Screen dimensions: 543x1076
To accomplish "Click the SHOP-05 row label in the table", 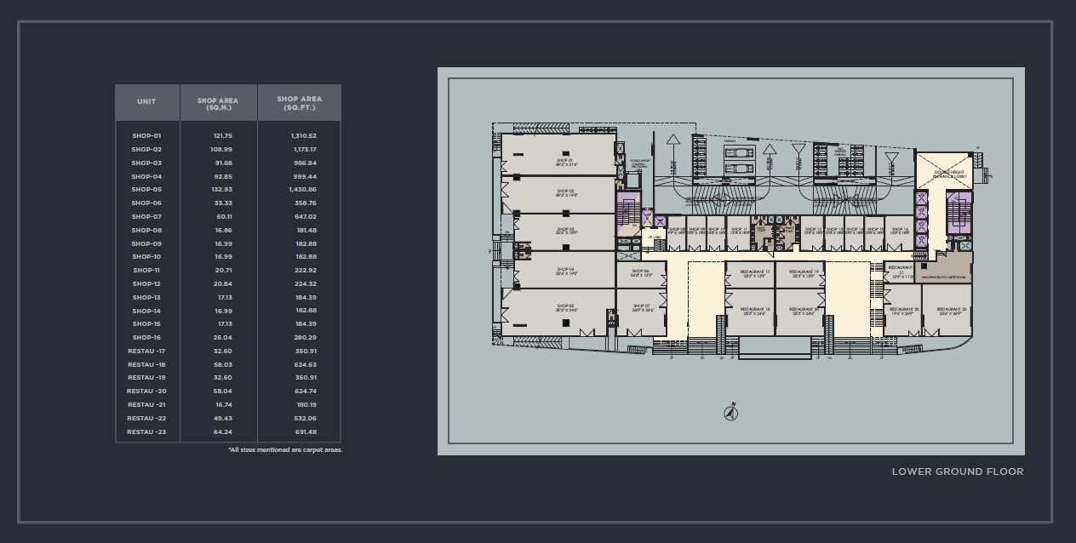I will pyautogui.click(x=146, y=190).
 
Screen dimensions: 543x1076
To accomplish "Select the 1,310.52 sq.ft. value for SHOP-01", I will pyautogui.click(x=303, y=136).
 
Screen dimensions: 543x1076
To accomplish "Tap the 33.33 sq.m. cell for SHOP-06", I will pyautogui.click(x=223, y=203).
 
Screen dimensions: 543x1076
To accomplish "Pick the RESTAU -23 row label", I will pyautogui.click(x=146, y=432).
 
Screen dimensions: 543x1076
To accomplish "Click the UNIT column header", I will pyautogui.click(x=146, y=102).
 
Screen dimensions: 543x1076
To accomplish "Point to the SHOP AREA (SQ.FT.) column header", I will pyautogui.click(x=300, y=103).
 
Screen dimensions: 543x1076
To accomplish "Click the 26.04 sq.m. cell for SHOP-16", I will pyautogui.click(x=223, y=338).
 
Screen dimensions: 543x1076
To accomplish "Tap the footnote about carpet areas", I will pyautogui.click(x=285, y=450).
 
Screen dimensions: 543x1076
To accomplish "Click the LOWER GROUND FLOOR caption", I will pyautogui.click(x=958, y=472).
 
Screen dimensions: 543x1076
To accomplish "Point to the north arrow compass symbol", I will pyautogui.click(x=730, y=414).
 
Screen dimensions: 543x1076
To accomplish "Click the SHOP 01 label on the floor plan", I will pyautogui.click(x=565, y=161).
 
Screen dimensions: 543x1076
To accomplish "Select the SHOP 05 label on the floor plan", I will pyautogui.click(x=565, y=307).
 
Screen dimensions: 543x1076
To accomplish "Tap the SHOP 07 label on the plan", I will pyautogui.click(x=641, y=307).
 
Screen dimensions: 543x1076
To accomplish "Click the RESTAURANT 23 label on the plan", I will pyautogui.click(x=947, y=310).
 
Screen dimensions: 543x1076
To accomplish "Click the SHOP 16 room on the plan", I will pyautogui.click(x=900, y=231).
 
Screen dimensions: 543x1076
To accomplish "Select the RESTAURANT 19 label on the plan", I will pyautogui.click(x=804, y=273).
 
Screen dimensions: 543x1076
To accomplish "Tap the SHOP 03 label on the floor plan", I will pyautogui.click(x=565, y=231).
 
